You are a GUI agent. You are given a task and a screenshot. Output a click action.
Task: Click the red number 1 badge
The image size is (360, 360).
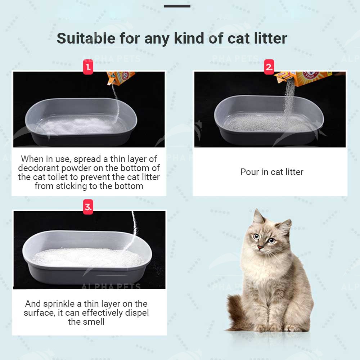point(88,67)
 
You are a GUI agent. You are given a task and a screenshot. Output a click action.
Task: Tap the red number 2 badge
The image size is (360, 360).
point(269,67)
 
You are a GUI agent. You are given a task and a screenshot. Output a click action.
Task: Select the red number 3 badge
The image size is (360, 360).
point(88,207)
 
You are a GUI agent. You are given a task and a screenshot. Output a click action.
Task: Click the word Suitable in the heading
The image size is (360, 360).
point(86,38)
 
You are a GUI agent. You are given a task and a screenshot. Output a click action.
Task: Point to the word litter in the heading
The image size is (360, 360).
point(271,38)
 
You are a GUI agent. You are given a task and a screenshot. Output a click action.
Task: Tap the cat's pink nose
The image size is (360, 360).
point(260,247)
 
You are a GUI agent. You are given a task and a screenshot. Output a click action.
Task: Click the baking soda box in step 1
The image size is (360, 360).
point(121,78)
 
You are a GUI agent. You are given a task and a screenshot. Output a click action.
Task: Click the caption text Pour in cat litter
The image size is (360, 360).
point(272,172)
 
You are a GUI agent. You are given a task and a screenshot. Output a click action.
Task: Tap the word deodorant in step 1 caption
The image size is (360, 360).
point(39,168)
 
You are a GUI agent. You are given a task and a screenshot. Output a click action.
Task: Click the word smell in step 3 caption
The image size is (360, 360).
point(94,321)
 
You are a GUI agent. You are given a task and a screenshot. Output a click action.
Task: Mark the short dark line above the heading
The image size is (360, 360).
point(177,6)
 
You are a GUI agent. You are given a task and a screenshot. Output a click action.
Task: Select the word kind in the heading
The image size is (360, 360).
point(189,38)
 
